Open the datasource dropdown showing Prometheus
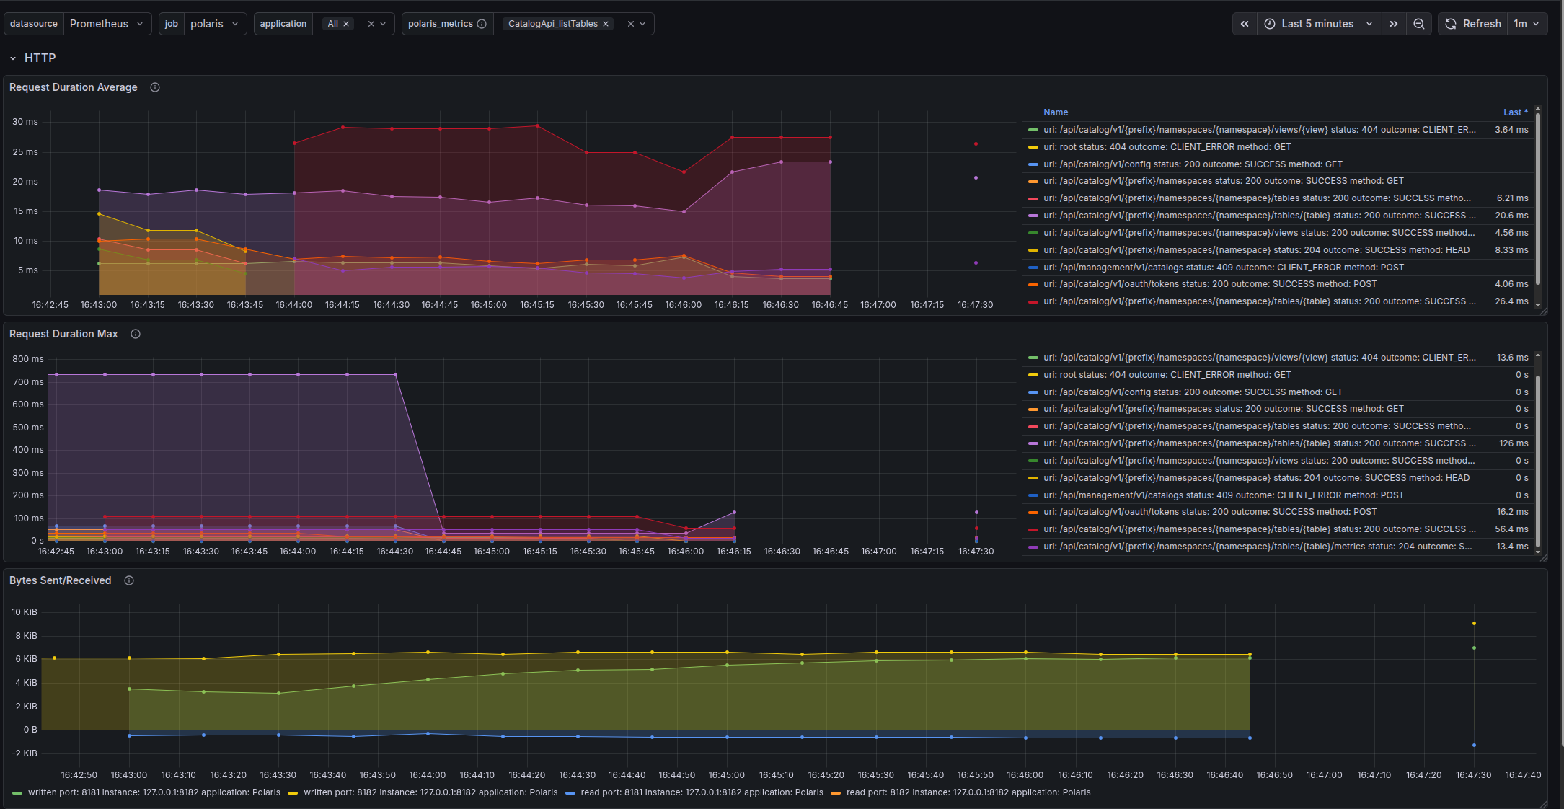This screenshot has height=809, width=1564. (x=107, y=24)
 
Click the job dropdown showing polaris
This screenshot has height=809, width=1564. (x=214, y=24)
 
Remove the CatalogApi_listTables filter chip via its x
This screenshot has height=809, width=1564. (x=606, y=24)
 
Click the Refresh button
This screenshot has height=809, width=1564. (x=1473, y=24)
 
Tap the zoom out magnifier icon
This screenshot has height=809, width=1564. (x=1418, y=24)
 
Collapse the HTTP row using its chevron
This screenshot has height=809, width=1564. (x=13, y=58)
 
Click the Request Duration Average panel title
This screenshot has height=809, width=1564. (x=74, y=87)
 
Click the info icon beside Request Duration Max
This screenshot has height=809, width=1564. (x=136, y=334)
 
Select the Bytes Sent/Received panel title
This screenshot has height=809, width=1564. (x=61, y=580)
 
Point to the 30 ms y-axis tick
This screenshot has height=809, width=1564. (x=25, y=122)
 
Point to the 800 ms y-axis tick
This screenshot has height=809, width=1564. (x=28, y=359)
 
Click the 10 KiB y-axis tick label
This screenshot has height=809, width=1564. (x=25, y=612)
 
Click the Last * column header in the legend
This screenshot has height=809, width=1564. (x=1515, y=112)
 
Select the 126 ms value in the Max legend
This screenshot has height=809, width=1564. (x=1514, y=443)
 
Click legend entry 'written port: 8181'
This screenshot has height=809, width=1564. (x=146, y=792)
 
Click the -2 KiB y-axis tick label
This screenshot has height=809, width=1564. (x=25, y=753)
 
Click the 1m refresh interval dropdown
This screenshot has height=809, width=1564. (x=1527, y=24)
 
